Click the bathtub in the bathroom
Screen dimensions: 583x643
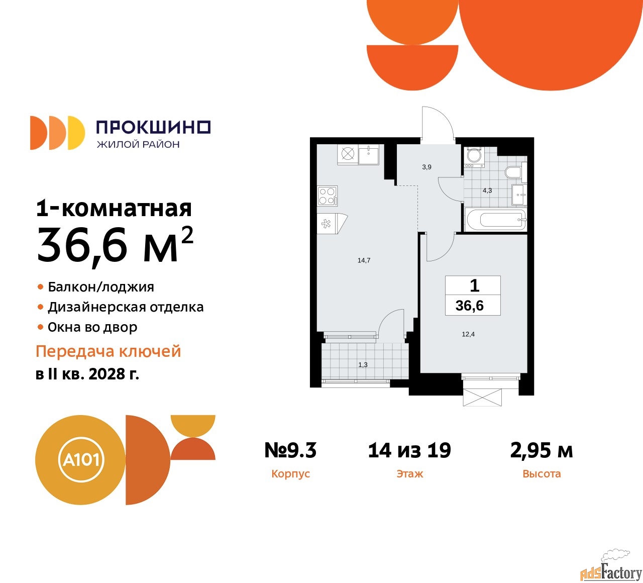(495, 220)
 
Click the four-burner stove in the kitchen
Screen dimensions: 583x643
(327, 196)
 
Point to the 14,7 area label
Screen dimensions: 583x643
(364, 260)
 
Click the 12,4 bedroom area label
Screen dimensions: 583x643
(468, 334)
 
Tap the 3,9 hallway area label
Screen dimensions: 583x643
(426, 167)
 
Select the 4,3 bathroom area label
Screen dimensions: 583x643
(487, 190)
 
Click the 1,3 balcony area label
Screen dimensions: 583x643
(363, 365)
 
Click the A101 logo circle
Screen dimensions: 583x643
(81, 459)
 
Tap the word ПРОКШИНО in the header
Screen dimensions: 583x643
(153, 127)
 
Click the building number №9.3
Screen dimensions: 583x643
(290, 450)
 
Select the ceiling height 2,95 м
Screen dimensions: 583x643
(542, 450)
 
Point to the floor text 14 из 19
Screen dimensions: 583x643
(409, 450)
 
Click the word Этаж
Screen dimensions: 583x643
(409, 474)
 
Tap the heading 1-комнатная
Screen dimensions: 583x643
(114, 208)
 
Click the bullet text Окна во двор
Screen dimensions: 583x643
(92, 327)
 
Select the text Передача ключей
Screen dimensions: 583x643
(108, 351)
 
